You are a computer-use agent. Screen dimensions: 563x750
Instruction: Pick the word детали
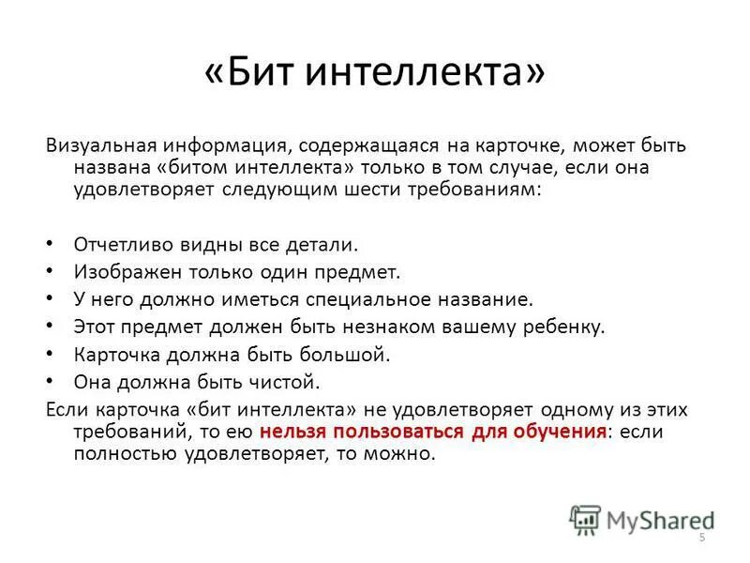[x=324, y=244]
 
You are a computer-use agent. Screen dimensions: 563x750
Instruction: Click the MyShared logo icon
[x=585, y=519]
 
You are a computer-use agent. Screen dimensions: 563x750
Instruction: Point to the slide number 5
[x=701, y=537]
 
